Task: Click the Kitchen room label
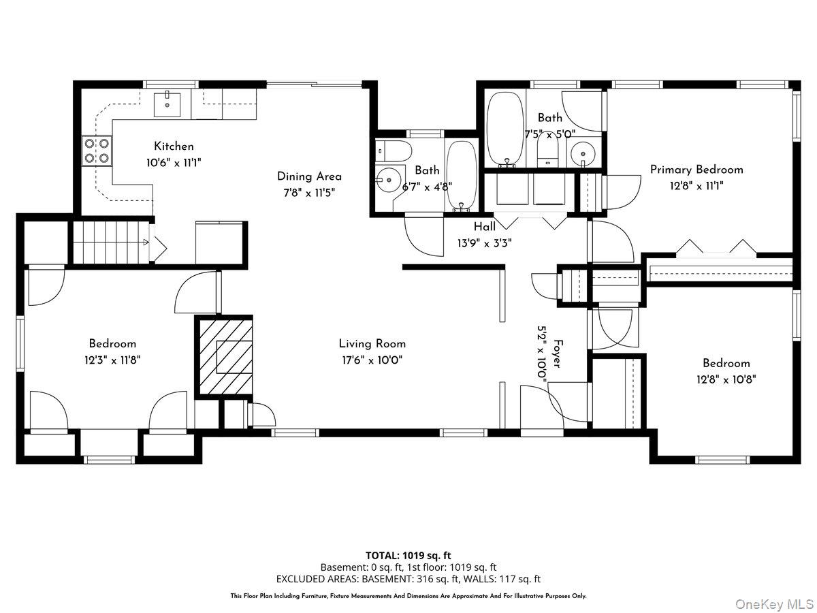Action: [174, 146]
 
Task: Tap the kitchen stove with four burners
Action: [97, 151]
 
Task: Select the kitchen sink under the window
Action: [166, 104]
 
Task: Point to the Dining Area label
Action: [309, 176]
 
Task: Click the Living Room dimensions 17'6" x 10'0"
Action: [372, 360]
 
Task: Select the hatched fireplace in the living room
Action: [225, 356]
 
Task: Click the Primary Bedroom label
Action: [696, 170]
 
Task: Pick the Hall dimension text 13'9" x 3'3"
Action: [485, 242]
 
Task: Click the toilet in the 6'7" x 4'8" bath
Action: [394, 149]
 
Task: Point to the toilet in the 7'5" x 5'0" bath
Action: [547, 151]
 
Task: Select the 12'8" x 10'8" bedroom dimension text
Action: [726, 379]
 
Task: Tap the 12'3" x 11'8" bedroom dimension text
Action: [112, 360]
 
